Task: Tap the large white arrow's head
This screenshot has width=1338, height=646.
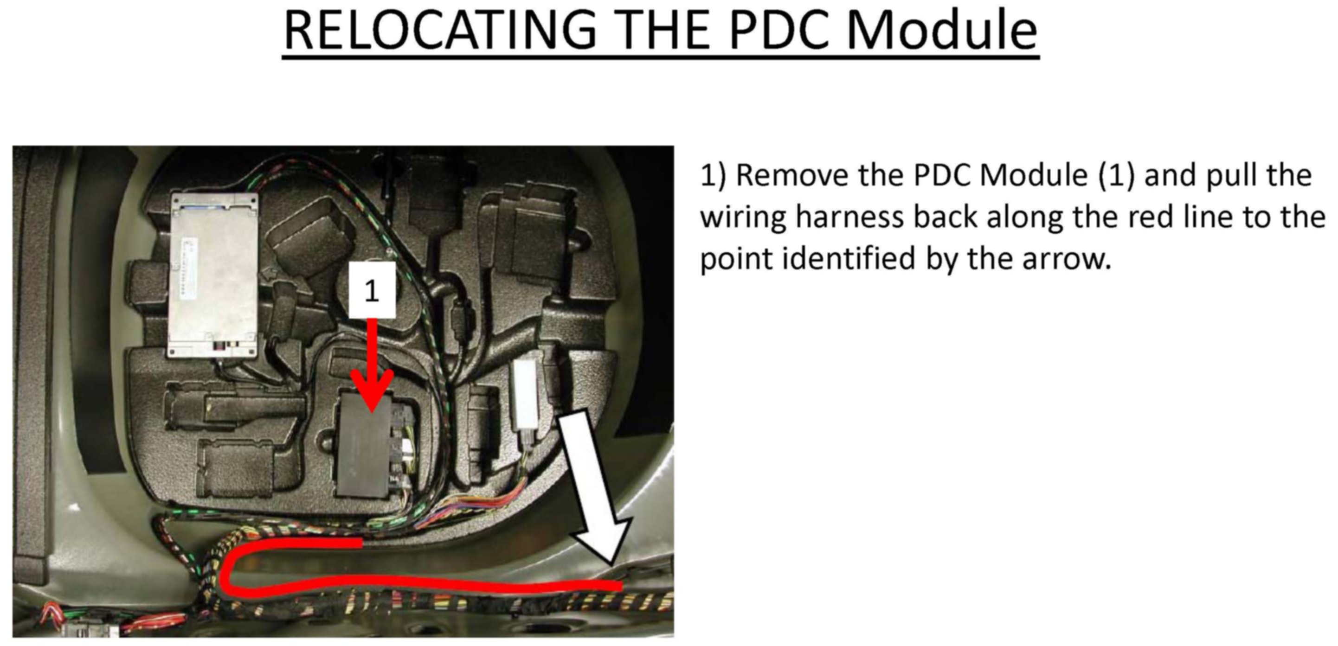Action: [603, 545]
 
